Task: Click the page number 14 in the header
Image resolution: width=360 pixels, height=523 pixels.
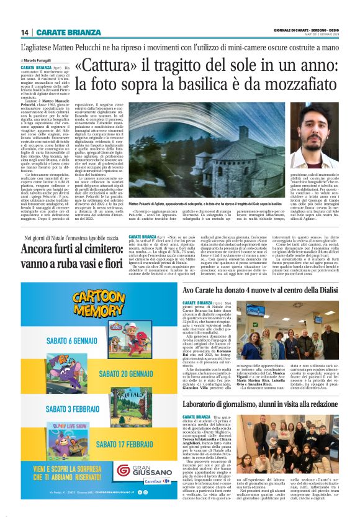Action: click(24, 32)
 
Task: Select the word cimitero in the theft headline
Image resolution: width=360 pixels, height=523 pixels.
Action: click(99, 250)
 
